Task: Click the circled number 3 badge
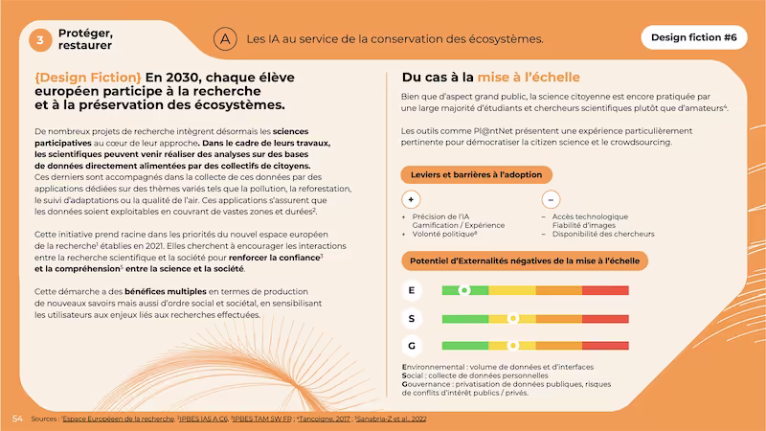pyautogui.click(x=41, y=39)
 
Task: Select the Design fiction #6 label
pyautogui.click(x=694, y=38)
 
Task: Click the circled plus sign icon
pyautogui.click(x=412, y=199)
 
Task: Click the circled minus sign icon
pyautogui.click(x=551, y=199)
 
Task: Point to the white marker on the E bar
pyautogui.click(x=464, y=290)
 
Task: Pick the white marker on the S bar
pyautogui.click(x=512, y=318)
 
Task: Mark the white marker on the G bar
pyautogui.click(x=512, y=345)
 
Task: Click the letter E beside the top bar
pyautogui.click(x=411, y=290)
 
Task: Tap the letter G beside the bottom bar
pyautogui.click(x=411, y=345)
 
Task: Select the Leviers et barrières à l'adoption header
pyautogui.click(x=476, y=174)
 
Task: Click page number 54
pyautogui.click(x=17, y=419)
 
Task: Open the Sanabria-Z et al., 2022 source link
pyautogui.click(x=393, y=419)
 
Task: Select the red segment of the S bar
pyautogui.click(x=606, y=318)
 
